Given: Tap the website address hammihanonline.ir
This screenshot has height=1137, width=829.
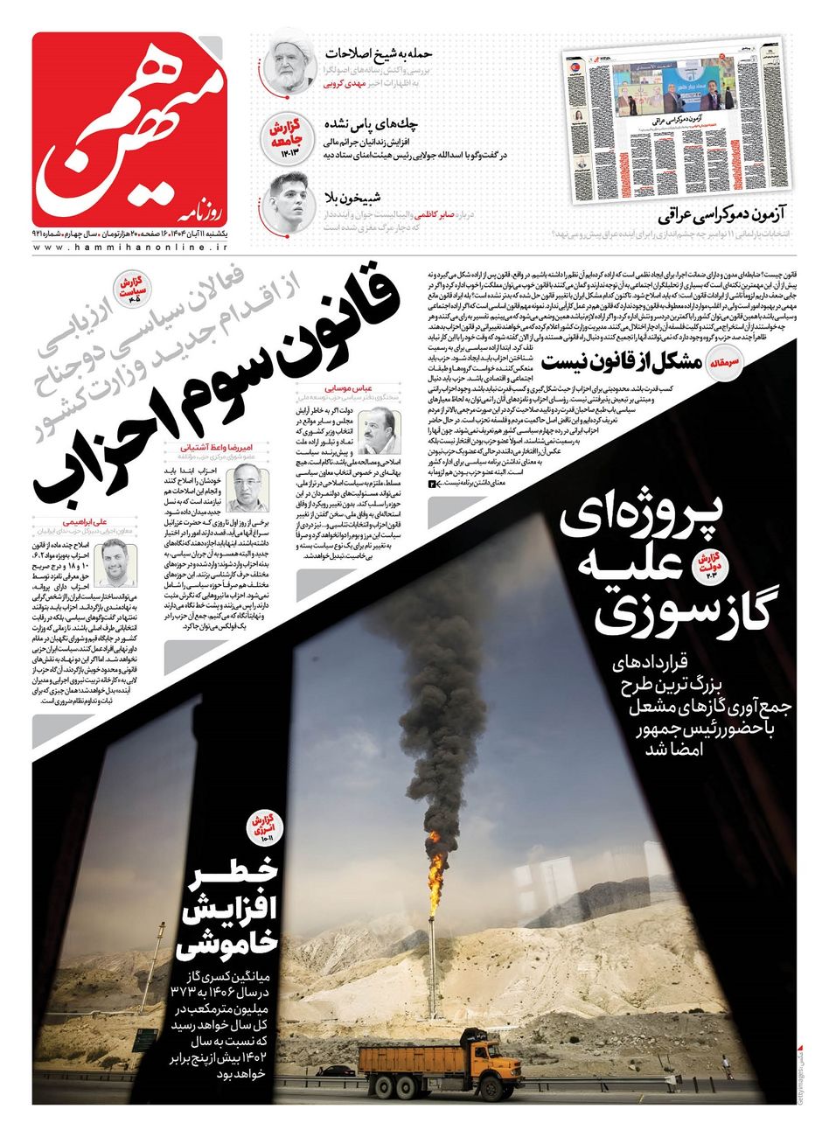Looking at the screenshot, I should coord(129,248).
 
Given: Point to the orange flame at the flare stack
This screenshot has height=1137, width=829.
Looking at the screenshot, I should coord(435,866).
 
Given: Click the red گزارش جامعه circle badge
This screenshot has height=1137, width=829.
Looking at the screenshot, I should coord(281,135).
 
